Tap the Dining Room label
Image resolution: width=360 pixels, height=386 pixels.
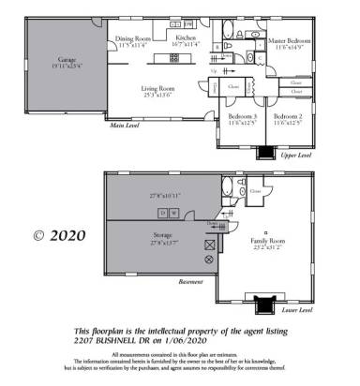[132, 39]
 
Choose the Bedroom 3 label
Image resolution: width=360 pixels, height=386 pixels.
[243, 116]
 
